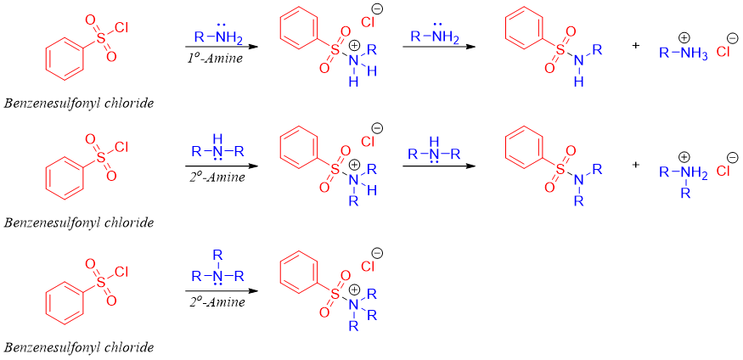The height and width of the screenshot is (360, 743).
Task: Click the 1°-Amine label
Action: tap(215, 57)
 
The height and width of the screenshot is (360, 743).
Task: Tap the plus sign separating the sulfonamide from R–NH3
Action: tap(636, 45)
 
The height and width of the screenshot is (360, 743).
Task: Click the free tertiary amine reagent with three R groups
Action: tap(217, 274)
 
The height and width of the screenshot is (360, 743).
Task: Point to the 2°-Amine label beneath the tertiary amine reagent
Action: tap(217, 301)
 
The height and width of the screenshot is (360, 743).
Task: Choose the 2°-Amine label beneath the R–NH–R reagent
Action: tap(217, 177)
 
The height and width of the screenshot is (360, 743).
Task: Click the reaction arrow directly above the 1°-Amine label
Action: tap(217, 48)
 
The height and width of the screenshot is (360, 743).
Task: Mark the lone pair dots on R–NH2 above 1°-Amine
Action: tap(218, 25)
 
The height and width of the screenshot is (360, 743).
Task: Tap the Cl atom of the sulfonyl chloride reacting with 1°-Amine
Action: tap(121, 27)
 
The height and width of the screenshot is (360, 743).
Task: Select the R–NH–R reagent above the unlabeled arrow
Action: tap(434, 154)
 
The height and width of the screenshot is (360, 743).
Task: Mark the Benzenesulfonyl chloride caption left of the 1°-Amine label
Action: tap(79, 103)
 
